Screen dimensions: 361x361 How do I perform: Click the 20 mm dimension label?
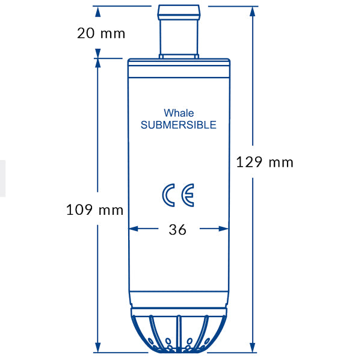(101, 33)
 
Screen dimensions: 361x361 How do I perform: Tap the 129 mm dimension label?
(264, 162)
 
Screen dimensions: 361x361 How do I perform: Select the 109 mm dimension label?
(94, 210)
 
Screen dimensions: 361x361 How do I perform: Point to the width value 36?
(177, 230)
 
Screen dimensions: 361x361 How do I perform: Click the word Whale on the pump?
(179, 113)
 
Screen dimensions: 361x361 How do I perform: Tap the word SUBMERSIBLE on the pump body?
(178, 125)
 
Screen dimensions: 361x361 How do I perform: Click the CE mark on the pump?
(178, 196)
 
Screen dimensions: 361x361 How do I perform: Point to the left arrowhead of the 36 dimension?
(134, 229)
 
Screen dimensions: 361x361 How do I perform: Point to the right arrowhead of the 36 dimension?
(224, 229)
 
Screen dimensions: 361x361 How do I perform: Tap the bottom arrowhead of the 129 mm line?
(253, 347)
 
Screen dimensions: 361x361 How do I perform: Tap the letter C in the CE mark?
(169, 196)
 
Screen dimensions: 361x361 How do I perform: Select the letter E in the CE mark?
(187, 196)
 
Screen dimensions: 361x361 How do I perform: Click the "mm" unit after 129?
(280, 162)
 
